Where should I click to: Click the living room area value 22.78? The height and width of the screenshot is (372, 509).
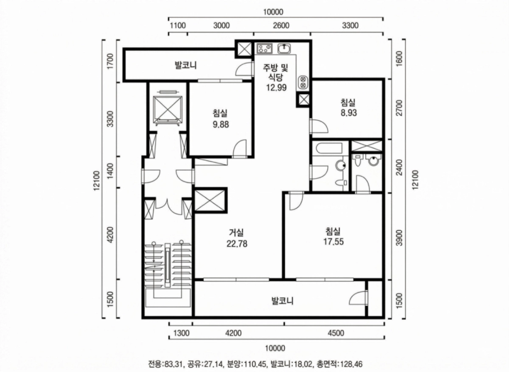[x=237, y=244]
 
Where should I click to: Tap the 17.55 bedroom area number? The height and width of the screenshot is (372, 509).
[x=333, y=242]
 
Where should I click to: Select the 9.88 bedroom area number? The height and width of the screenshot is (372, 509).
[x=220, y=124]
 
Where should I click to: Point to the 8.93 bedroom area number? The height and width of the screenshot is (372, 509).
[x=349, y=113]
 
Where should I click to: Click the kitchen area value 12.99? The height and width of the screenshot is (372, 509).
[x=276, y=87]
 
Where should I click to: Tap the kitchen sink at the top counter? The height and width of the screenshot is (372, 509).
[x=284, y=49]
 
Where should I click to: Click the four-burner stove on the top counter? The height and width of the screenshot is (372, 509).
[x=265, y=49]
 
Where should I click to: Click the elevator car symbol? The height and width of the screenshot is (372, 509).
[x=167, y=109]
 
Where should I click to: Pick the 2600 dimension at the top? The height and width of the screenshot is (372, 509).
[x=281, y=25]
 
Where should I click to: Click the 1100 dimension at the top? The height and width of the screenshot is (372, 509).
[x=178, y=25]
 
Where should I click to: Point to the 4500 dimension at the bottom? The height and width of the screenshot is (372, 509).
[x=336, y=333]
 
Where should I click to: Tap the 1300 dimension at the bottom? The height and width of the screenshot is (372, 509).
[x=181, y=333]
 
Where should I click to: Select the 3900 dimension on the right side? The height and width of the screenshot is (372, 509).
[x=399, y=237]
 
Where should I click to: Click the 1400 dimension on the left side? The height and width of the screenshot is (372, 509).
[x=110, y=172]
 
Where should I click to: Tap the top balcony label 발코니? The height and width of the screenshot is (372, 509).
[x=186, y=65]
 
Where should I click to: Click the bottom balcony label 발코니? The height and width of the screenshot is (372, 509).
[x=282, y=301]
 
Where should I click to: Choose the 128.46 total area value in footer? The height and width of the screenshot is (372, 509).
[x=349, y=364]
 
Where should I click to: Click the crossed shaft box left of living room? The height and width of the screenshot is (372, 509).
[x=210, y=200]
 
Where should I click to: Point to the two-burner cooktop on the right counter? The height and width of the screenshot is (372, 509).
[x=302, y=82]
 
